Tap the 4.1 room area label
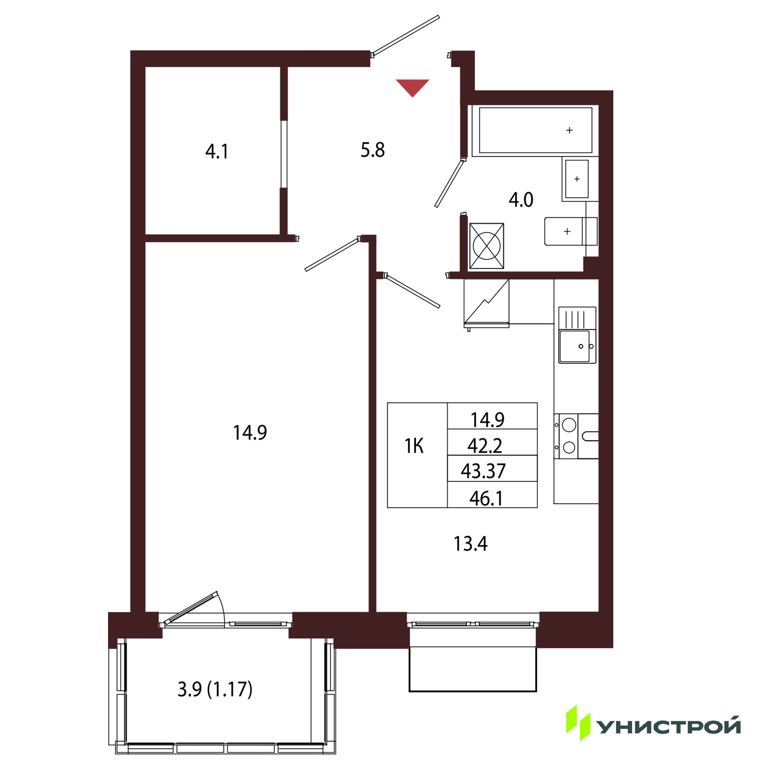217,151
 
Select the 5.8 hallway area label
373,150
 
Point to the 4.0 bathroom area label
521,200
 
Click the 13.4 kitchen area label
471,543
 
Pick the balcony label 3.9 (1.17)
215,689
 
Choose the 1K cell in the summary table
414,446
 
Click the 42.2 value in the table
485,446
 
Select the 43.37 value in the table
483,471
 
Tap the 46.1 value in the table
486,498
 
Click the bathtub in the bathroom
535,130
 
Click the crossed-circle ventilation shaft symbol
486,246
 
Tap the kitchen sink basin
574,346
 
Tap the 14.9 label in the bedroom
250,432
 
